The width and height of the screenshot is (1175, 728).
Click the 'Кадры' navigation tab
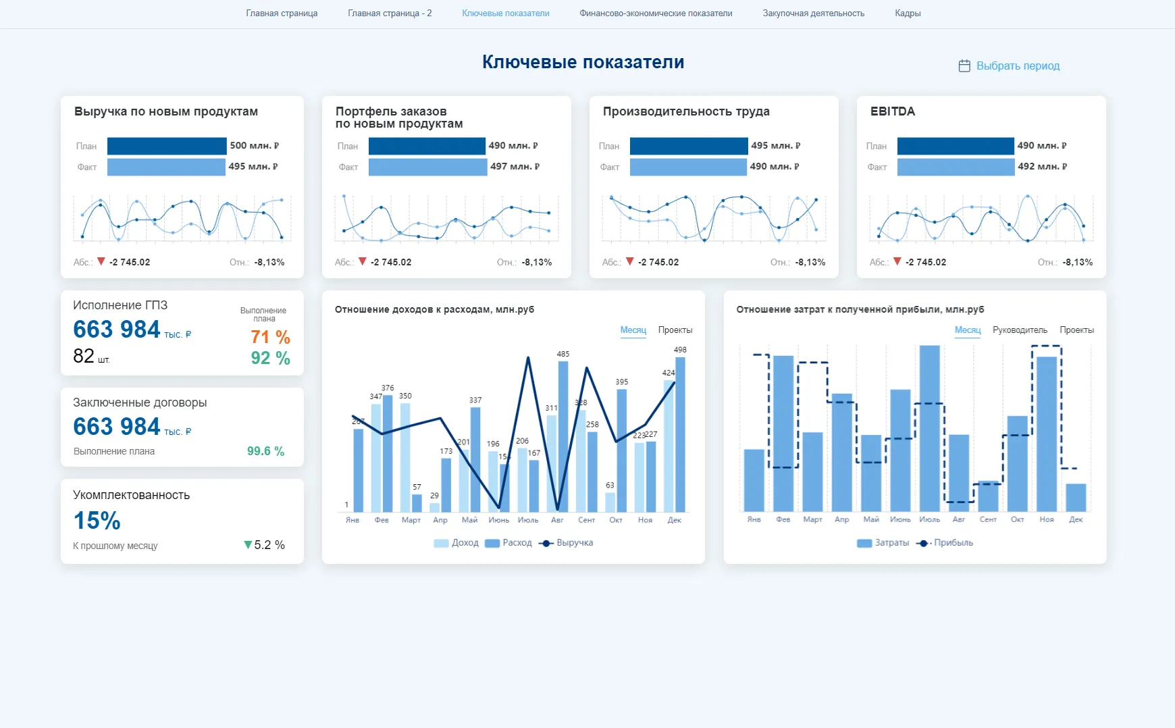click(x=907, y=14)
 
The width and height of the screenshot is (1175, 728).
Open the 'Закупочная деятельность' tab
click(x=813, y=14)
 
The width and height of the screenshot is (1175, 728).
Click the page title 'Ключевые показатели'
click(x=583, y=62)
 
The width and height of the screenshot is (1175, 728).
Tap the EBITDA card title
click(x=892, y=111)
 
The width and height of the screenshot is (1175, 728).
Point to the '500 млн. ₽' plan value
click(x=254, y=146)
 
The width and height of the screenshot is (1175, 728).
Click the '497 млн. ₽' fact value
click(x=515, y=167)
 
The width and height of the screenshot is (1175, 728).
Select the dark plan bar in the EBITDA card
click(x=955, y=146)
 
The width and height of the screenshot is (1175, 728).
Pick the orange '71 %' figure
click(x=270, y=337)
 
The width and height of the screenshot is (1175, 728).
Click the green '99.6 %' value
click(x=265, y=451)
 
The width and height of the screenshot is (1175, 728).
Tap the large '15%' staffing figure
click(x=97, y=521)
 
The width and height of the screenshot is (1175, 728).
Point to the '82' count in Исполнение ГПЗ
click(x=84, y=356)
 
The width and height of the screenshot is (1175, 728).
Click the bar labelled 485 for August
click(x=563, y=436)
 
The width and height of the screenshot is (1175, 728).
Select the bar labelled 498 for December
click(x=680, y=434)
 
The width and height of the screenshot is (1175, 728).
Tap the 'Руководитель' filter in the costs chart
click(x=1020, y=330)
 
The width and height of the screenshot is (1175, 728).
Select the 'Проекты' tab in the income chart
click(x=675, y=330)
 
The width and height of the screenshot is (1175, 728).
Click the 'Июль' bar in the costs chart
click(x=929, y=428)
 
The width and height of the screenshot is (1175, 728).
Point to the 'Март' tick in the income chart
click(x=411, y=520)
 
